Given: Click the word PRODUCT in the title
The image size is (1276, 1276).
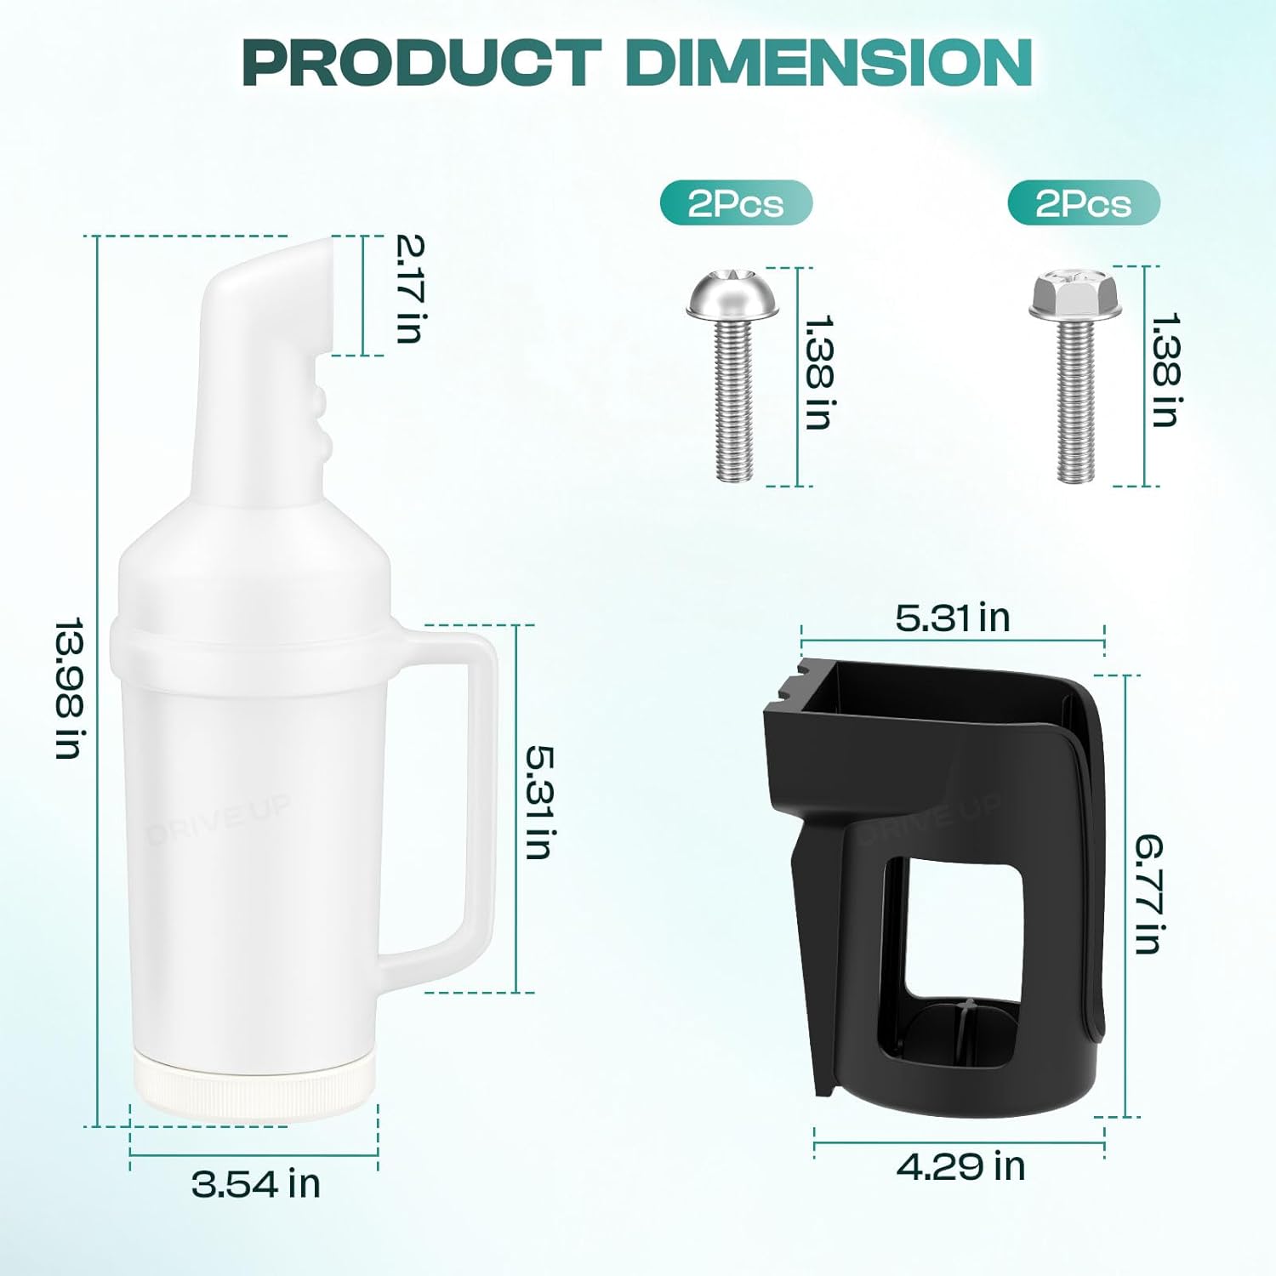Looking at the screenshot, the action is point(423,62).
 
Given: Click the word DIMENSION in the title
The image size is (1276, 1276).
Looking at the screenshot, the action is point(829,62).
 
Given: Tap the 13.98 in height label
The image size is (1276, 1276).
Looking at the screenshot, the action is point(70,688).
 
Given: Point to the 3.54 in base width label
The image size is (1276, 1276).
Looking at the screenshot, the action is point(256,1183).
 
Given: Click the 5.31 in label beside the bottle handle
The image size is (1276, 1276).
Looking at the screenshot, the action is point(540,802).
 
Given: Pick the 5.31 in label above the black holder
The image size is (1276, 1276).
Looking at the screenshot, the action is point(953,618).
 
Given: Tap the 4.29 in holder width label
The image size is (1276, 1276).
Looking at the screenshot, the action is point(961,1166).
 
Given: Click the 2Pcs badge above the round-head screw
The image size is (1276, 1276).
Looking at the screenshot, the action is point(736,203).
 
